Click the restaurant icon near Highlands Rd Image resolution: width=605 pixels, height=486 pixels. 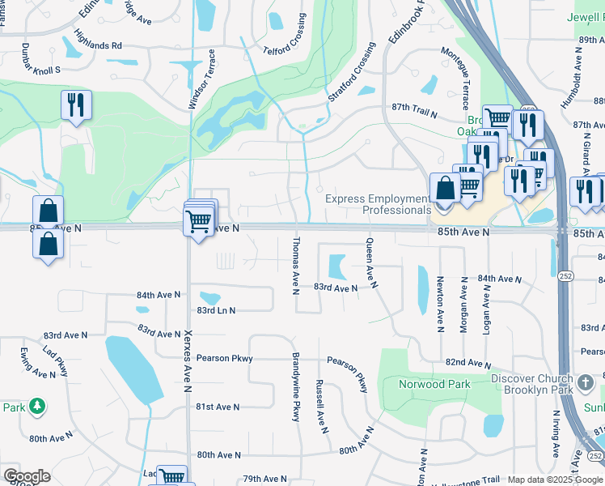(x=76, y=106)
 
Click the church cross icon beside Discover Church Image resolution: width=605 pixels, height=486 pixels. (x=586, y=381)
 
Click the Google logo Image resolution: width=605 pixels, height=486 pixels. (x=27, y=476)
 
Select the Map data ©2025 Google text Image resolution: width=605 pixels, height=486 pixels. (x=555, y=480)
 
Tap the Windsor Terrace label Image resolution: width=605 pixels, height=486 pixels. (x=202, y=79)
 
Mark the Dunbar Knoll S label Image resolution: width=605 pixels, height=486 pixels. (x=41, y=58)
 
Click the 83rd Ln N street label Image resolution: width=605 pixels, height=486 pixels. (x=215, y=310)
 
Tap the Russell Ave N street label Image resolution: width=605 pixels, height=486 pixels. (x=320, y=406)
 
